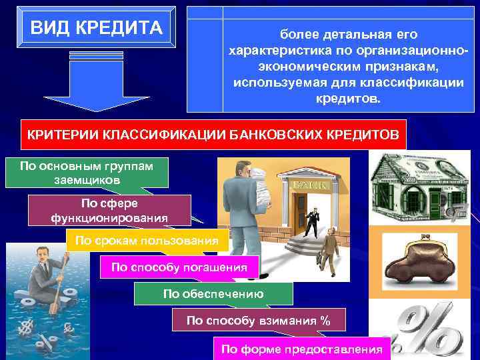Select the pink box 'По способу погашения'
click(x=179, y=267)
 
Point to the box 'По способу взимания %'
click(x=259, y=321)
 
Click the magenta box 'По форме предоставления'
click(x=301, y=348)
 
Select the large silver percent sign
click(x=427, y=330)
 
